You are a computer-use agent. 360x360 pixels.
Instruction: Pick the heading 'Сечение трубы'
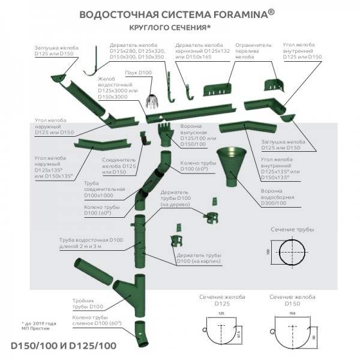pyautogui.click(x=292, y=229)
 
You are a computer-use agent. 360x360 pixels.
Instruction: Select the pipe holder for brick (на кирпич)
pyautogui.click(x=178, y=241)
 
